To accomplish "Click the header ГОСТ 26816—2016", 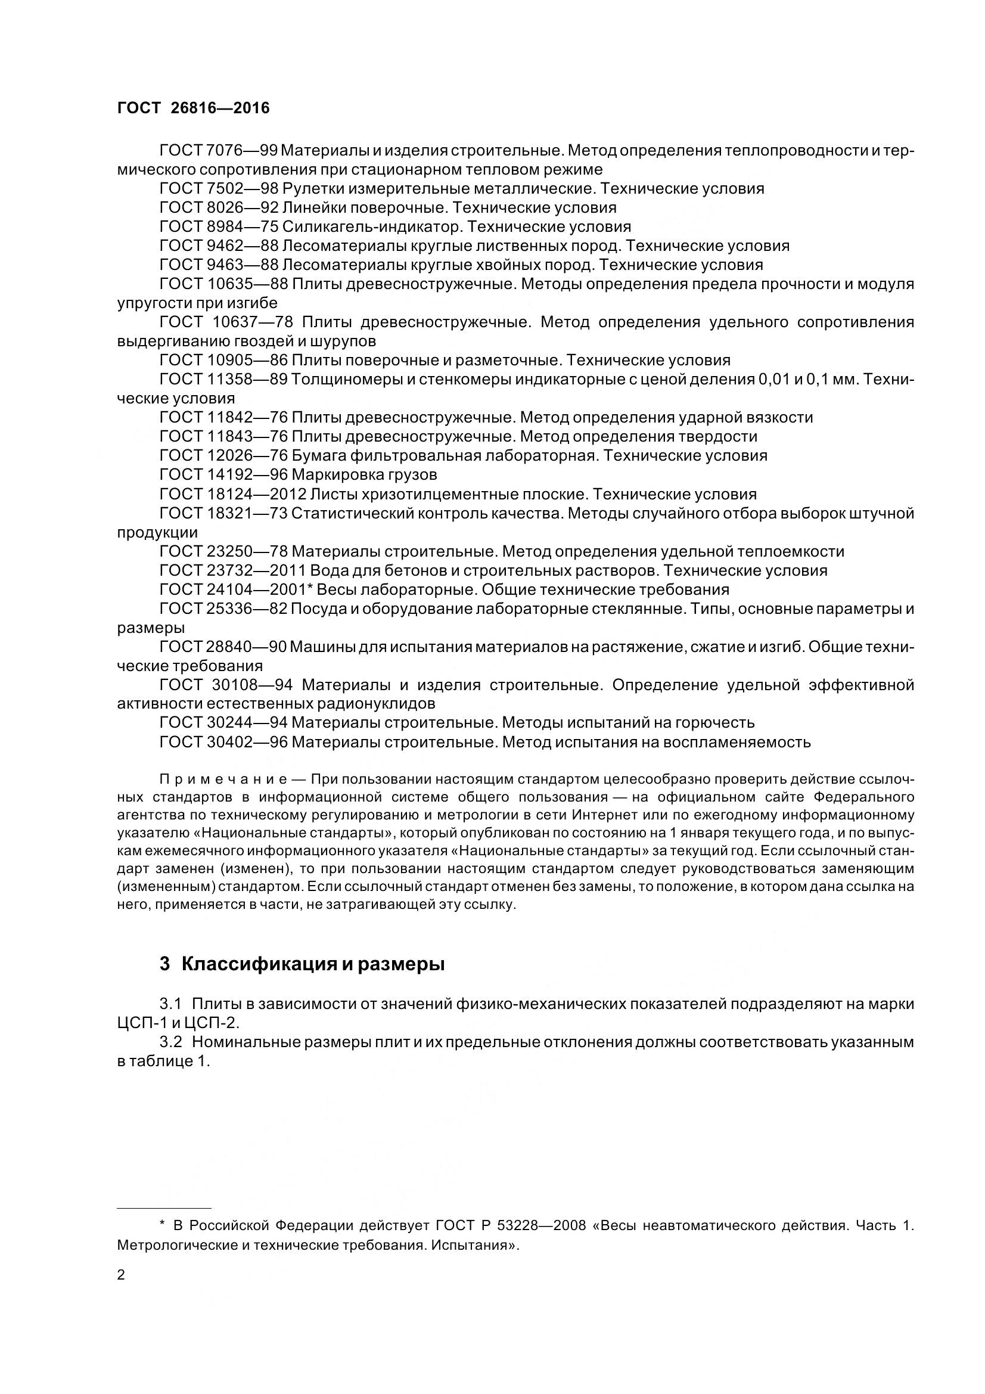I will click(193, 108).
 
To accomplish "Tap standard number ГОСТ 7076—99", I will click(219, 150).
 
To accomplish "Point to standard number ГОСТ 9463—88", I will click(219, 265).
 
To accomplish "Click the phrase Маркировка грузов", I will click(364, 474).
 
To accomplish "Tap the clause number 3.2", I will click(170, 1042).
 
